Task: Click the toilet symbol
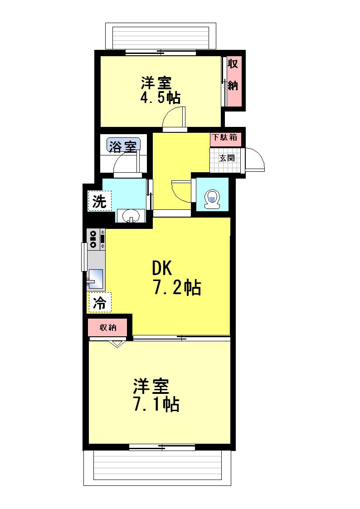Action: [212, 199]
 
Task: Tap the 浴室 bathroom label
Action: [123, 146]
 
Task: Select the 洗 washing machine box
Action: [100, 201]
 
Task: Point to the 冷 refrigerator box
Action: [100, 302]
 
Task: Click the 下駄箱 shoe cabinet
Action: [225, 137]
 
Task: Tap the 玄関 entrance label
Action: [227, 158]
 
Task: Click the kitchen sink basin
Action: [95, 279]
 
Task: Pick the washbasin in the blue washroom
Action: [131, 215]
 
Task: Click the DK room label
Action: [162, 268]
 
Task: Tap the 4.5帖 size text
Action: [160, 97]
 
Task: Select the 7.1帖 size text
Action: [156, 404]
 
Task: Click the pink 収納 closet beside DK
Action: [108, 328]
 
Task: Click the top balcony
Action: [161, 36]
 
